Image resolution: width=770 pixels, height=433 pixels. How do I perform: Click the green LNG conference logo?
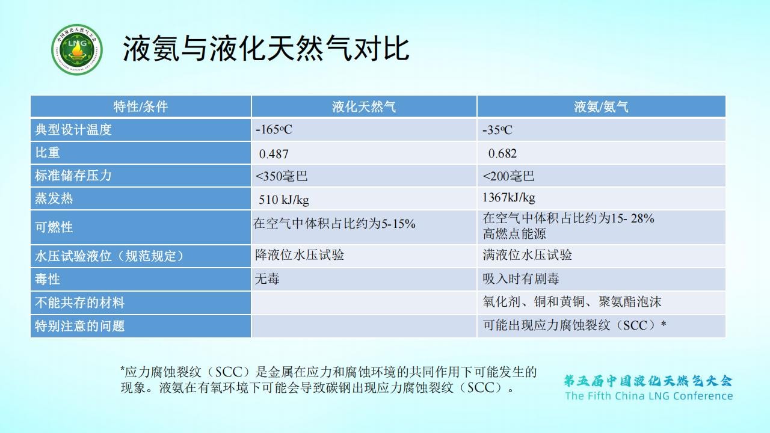[76, 49]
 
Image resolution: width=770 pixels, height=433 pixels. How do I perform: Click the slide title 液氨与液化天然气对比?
[266, 49]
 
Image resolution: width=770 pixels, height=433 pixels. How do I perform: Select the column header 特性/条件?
[141, 106]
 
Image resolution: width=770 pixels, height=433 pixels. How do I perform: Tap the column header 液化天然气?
[364, 106]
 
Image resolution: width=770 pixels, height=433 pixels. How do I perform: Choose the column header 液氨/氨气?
[601, 106]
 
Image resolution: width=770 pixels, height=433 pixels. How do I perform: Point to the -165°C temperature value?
[274, 129]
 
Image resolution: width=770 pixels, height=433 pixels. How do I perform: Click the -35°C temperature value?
[497, 130]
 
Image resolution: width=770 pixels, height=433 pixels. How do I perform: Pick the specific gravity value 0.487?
[274, 153]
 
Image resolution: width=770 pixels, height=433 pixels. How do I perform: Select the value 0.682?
[502, 153]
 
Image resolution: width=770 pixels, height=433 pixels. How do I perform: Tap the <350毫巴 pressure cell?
[281, 176]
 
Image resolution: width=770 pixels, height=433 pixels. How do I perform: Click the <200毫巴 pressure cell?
[508, 176]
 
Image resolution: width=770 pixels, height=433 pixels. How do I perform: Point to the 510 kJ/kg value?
[283, 200]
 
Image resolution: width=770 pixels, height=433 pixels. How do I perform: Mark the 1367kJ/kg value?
[509, 198]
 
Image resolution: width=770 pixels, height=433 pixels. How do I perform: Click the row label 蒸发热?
[54, 198]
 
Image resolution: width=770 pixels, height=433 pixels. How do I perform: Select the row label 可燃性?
[54, 227]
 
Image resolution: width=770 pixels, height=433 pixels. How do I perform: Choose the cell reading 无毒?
[267, 278]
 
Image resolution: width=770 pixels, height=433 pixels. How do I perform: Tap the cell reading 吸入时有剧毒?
[521, 278]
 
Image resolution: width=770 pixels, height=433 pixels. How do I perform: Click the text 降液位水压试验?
[300, 255]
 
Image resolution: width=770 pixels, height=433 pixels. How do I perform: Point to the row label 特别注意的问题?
[79, 326]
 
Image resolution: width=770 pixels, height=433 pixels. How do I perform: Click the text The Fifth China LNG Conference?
[649, 396]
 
